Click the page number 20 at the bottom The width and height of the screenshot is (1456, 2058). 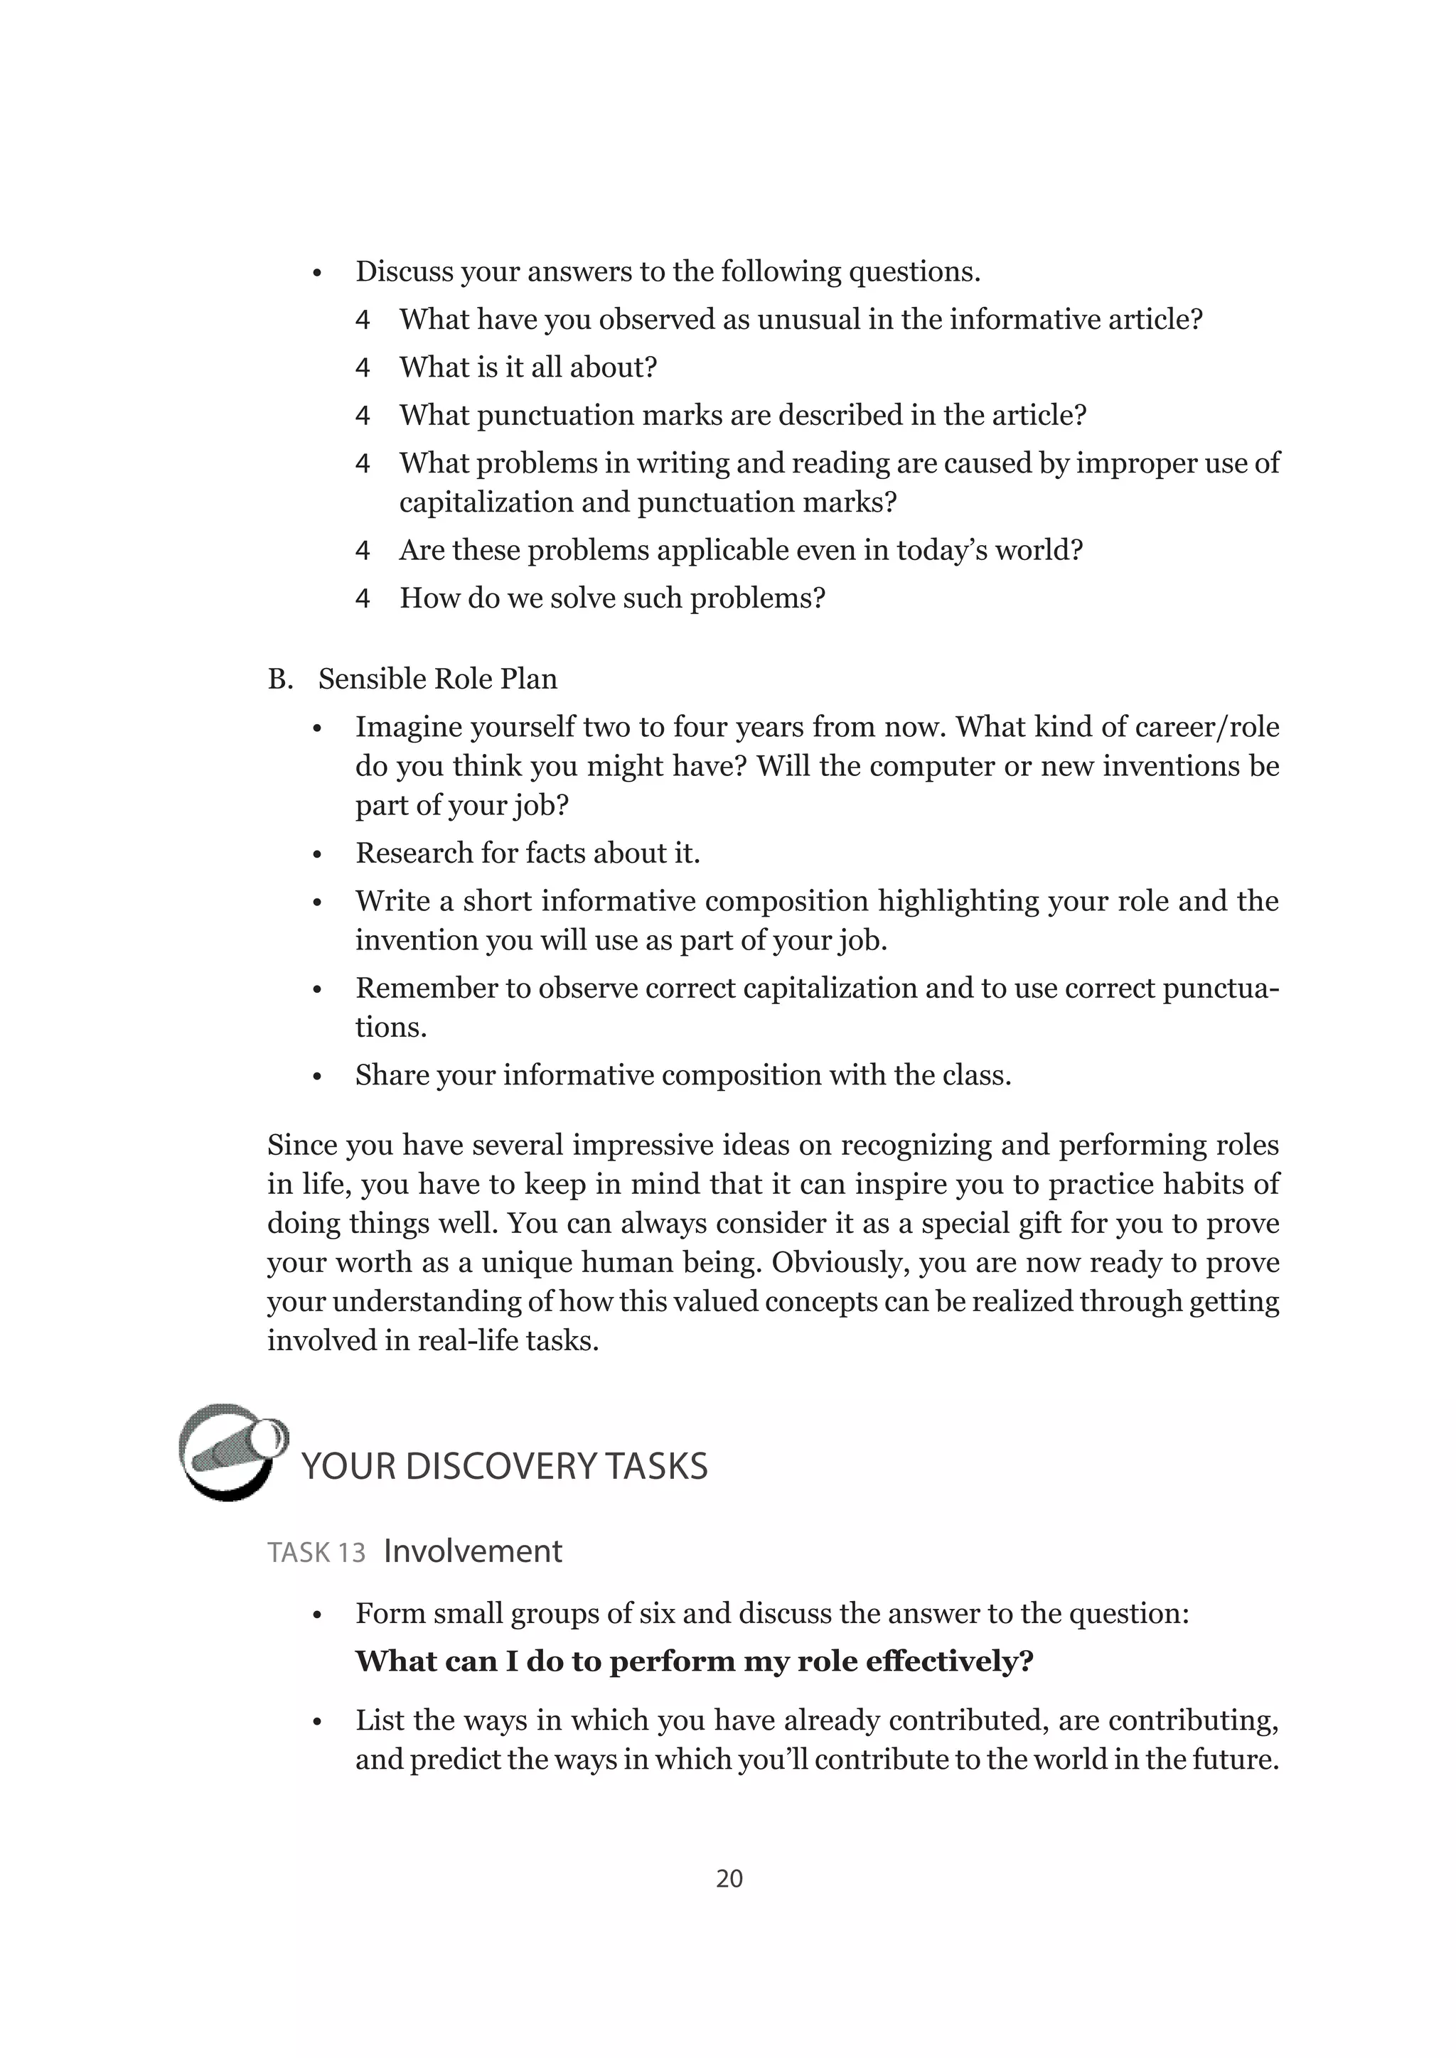729,1877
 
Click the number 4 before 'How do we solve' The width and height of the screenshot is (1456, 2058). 362,598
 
